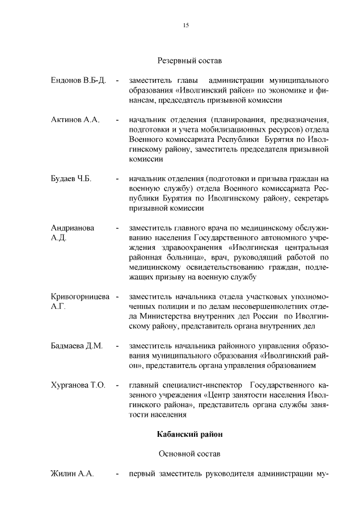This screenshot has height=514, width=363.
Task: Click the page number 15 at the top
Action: coord(185,25)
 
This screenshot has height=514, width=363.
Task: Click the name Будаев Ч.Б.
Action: coord(71,179)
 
